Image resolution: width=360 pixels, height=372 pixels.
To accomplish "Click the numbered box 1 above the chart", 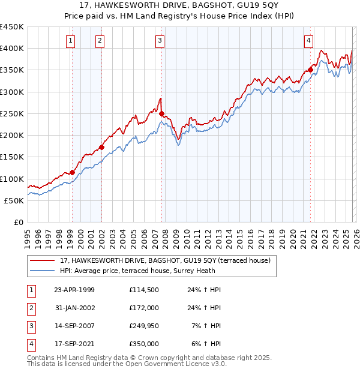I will [x=71, y=41].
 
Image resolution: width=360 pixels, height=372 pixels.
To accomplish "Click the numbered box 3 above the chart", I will [x=160, y=41].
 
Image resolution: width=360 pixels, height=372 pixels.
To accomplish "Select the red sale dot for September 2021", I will [x=311, y=70].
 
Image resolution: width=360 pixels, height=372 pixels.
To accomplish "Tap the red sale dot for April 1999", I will [x=73, y=172].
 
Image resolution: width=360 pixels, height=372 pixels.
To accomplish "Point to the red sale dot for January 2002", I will [x=102, y=147].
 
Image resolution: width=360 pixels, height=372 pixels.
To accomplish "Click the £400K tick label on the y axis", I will [x=12, y=49].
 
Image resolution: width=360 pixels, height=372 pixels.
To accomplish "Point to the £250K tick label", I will [x=12, y=113].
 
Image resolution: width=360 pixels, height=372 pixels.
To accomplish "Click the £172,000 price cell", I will [x=144, y=308].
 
